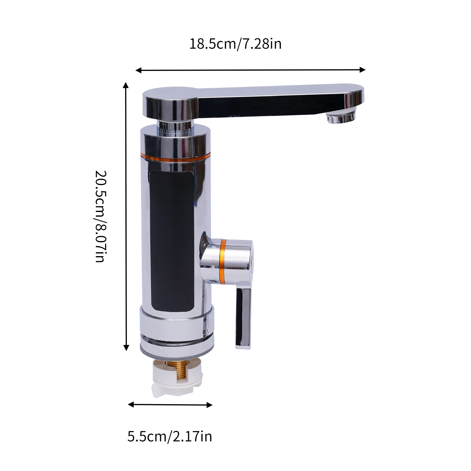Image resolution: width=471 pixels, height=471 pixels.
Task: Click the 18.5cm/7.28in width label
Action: coord(235,44)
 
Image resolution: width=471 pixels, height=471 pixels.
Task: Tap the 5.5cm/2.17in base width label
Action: coord(170,437)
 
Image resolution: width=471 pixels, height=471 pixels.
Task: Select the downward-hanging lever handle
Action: coord(243,315)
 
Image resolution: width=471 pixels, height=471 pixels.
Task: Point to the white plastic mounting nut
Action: coord(177,380)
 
